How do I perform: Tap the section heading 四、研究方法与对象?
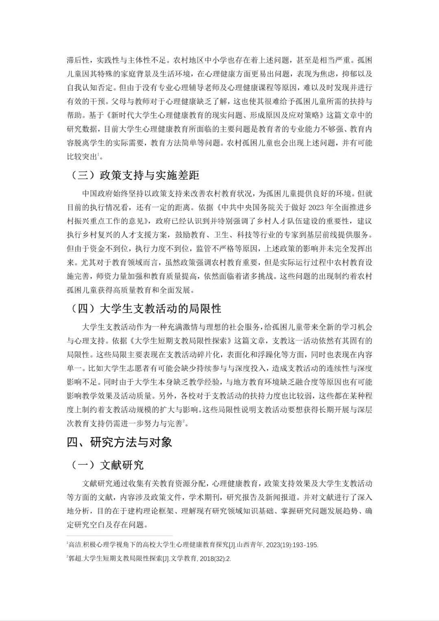click(x=120, y=442)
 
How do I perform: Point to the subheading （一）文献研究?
click(x=108, y=465)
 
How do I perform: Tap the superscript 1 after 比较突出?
click(x=98, y=154)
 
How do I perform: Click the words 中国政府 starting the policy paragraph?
click(x=96, y=193)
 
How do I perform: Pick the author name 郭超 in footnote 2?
click(x=74, y=558)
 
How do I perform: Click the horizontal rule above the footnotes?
click(x=120, y=536)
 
